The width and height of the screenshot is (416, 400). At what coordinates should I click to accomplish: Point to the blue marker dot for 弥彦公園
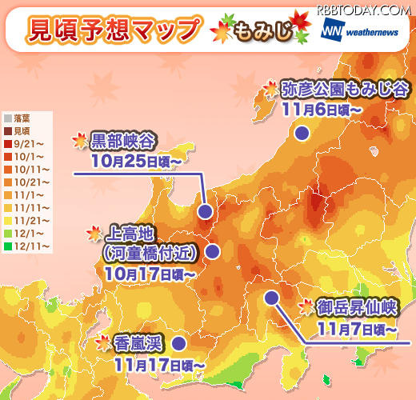pos(302,133)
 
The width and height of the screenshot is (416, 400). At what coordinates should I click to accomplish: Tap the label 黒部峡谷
pos(121,142)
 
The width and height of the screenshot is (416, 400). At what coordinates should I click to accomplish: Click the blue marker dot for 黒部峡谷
pos(205,212)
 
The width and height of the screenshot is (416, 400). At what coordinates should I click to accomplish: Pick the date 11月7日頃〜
pos(356,327)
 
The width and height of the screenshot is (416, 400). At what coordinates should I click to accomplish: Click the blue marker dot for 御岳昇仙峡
pos(271,298)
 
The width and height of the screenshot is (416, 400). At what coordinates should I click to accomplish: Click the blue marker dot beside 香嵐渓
pos(178,342)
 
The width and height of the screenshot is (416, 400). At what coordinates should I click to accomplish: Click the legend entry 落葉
pos(21,118)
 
